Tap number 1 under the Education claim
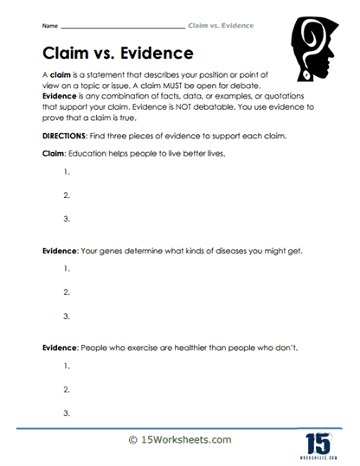67,171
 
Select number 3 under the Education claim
67,218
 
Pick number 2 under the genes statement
67,292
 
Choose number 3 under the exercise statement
67,413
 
